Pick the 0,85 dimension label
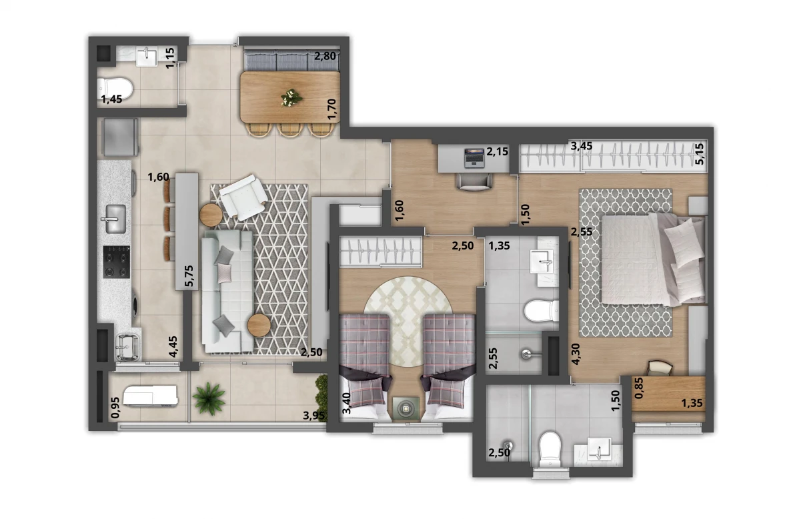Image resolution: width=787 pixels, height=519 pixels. [640, 389]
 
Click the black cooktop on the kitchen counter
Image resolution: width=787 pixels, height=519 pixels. [116, 262]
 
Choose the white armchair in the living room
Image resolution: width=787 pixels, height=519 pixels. [243, 196]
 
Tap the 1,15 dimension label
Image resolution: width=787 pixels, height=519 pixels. [170, 57]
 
